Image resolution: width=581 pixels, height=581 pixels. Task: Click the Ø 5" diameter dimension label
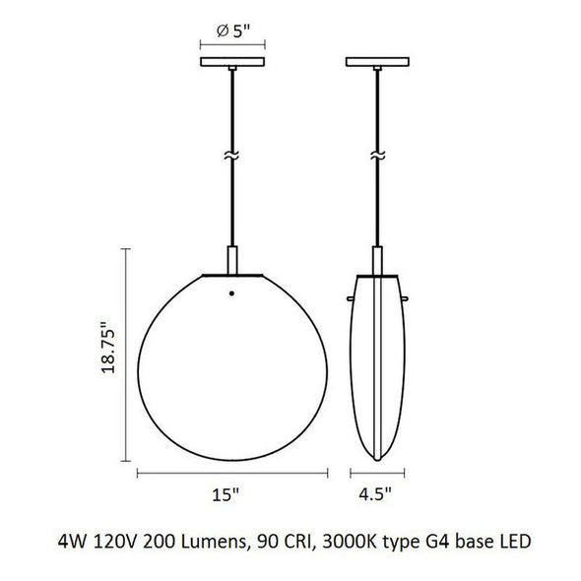pos(233,32)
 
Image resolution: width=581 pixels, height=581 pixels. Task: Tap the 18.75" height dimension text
pos(108,348)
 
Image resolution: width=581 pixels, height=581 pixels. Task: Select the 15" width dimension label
pos(226,494)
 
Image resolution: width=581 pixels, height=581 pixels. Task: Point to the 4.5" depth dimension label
pos(375,494)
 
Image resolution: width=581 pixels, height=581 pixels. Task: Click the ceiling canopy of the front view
pos(232,61)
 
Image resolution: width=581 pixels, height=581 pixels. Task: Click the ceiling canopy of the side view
pos(377,61)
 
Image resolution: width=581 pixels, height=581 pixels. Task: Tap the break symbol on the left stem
pos(231,156)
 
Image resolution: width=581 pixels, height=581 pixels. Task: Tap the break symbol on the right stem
pos(377,156)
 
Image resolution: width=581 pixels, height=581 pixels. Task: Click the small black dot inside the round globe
pos(231,293)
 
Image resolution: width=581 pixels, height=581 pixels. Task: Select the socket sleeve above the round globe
pos(232,260)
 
